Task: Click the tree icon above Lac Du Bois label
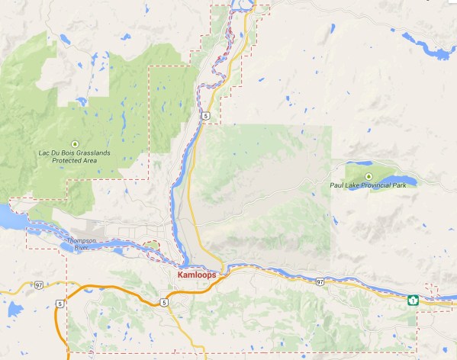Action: pos(74,143)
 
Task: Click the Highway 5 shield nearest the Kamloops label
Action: pos(164,303)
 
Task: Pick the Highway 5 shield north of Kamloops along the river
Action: pos(206,114)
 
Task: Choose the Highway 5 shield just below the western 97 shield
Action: pos(58,304)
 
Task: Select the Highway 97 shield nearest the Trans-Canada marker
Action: pos(320,281)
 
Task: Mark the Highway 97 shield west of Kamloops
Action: pos(38,285)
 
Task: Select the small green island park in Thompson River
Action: pos(152,245)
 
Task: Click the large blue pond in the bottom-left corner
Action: pos(13,309)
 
